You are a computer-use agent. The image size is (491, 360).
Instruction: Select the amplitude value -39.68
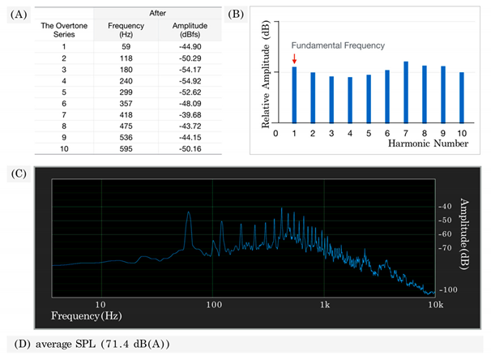185,115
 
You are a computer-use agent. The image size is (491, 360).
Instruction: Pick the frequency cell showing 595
126,148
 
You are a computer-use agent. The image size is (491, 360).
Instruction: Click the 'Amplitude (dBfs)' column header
185,31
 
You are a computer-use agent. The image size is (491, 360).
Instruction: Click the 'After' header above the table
157,14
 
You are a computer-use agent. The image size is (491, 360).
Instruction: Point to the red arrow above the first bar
295,59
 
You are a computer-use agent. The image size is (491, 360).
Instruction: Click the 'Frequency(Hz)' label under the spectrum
88,314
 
